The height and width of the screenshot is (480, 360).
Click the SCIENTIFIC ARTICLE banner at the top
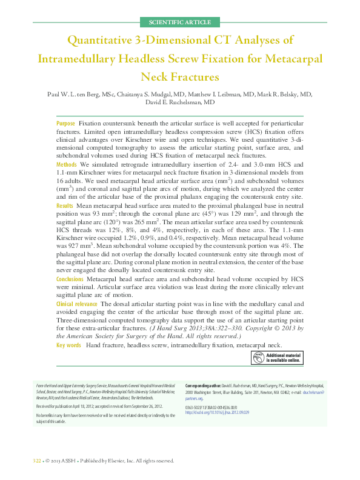180,22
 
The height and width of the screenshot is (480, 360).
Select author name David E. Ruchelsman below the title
180,103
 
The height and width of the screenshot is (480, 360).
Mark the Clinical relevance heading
77,303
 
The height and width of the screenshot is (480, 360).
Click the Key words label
68,345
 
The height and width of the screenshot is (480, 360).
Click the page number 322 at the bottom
36,461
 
